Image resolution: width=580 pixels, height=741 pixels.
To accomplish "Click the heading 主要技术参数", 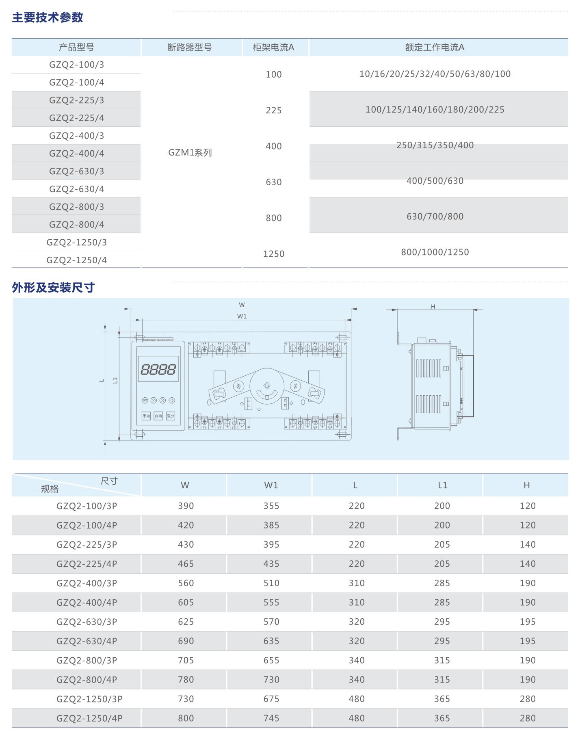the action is [48, 17].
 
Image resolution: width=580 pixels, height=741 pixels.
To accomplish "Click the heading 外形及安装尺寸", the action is [53, 288].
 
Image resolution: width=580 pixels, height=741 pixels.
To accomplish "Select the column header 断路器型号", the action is [190, 48].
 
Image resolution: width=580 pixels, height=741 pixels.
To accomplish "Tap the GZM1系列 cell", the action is [190, 153].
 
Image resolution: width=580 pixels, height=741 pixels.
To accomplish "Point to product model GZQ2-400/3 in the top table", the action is [77, 136].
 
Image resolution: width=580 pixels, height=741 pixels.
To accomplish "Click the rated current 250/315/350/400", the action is [435, 145].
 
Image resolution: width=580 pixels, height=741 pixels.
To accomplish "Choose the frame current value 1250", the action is [274, 254].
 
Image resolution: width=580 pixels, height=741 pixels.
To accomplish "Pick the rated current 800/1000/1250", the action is [435, 252].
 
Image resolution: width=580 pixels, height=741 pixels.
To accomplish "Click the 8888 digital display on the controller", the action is [158, 369].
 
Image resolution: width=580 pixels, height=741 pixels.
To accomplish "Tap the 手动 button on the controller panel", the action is [146, 416].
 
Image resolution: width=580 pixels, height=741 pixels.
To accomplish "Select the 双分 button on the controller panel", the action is [171, 416].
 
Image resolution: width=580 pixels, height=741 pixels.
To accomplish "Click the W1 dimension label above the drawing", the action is [242, 316].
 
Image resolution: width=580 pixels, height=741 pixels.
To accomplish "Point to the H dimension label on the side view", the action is [433, 306].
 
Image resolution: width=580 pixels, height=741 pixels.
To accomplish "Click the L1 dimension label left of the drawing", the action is [115, 380].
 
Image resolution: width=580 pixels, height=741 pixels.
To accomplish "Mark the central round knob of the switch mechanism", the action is [267, 386].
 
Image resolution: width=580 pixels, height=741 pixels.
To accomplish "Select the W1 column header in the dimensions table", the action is [271, 485].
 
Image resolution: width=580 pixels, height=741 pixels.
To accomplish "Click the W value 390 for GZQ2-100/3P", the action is [186, 506].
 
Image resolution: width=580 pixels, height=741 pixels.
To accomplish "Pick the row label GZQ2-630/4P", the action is [87, 641].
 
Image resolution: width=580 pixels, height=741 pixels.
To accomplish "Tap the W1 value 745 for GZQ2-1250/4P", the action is [271, 718].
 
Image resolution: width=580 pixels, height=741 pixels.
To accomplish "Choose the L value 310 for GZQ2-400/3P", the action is [357, 583].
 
